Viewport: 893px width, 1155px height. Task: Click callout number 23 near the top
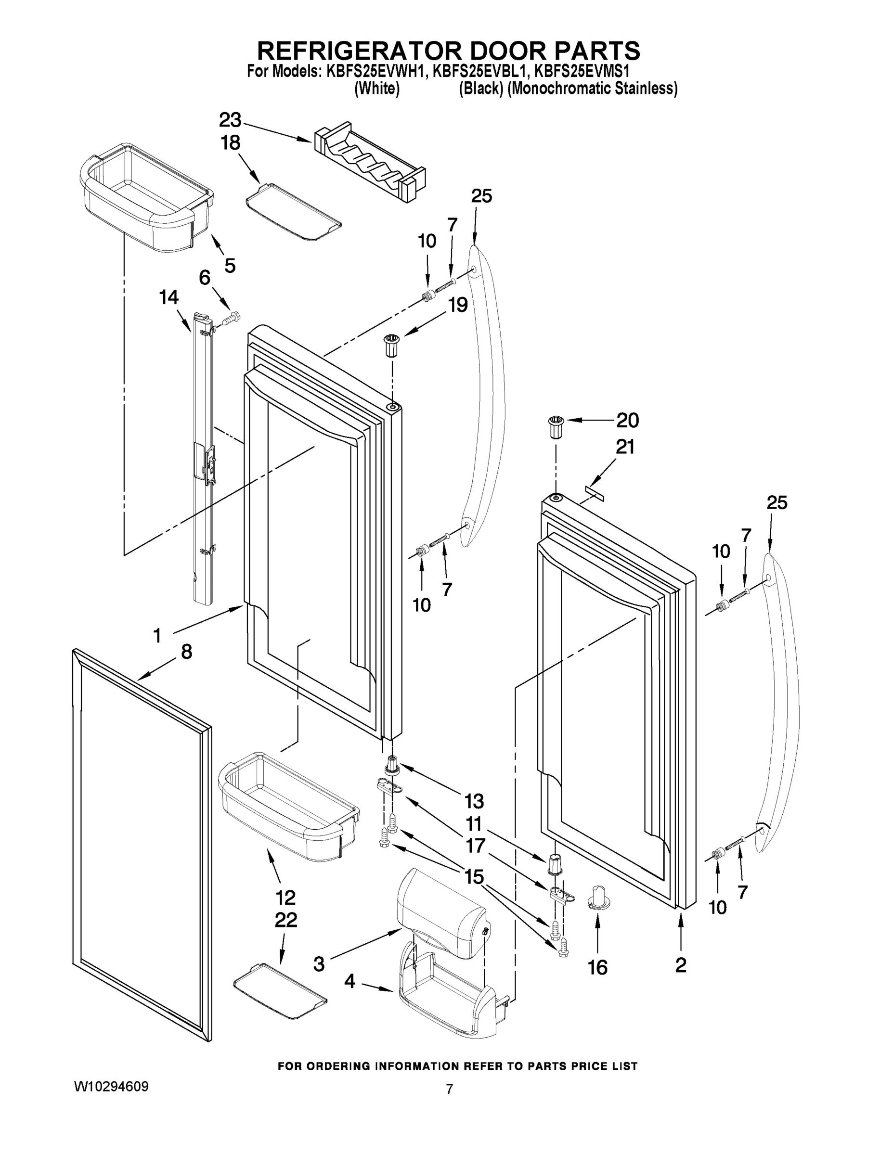pyautogui.click(x=230, y=121)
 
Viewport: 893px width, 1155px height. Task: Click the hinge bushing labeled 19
pyautogui.click(x=392, y=345)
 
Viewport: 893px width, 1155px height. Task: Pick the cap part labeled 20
pyautogui.click(x=556, y=426)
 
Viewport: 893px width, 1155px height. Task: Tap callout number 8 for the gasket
pyautogui.click(x=186, y=652)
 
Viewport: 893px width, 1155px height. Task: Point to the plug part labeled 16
pyautogui.click(x=598, y=900)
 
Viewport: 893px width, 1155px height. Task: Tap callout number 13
pyautogui.click(x=474, y=801)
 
